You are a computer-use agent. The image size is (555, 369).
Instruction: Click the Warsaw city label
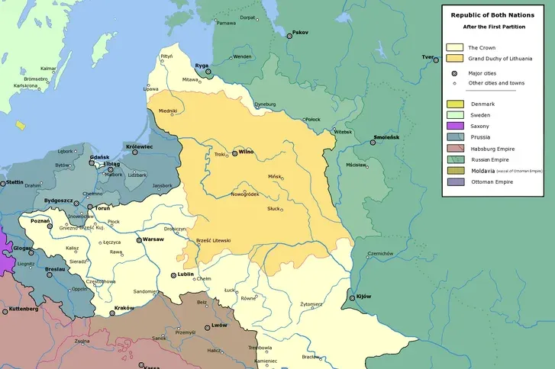[x=153, y=239]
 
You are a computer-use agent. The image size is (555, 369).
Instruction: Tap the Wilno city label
[x=246, y=152]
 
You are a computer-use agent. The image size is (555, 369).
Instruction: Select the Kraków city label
[x=124, y=307]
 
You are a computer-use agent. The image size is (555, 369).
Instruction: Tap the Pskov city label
[x=301, y=32]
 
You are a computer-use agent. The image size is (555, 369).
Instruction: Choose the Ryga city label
[x=202, y=66]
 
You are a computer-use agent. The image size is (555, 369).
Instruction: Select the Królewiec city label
[x=140, y=146]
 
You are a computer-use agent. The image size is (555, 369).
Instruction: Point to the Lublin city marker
[x=173, y=275]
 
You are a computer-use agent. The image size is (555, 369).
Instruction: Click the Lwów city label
[x=219, y=325]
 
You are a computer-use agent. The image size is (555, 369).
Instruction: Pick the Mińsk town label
[x=275, y=175]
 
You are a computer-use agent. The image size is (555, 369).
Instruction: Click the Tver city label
[x=428, y=58]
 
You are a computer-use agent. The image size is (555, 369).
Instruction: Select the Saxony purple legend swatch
[x=455, y=125]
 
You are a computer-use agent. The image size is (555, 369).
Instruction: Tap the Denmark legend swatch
[x=455, y=103]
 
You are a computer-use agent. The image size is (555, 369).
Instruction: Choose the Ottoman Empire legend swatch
[x=455, y=181]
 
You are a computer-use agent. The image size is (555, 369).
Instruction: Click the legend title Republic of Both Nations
[x=495, y=14]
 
